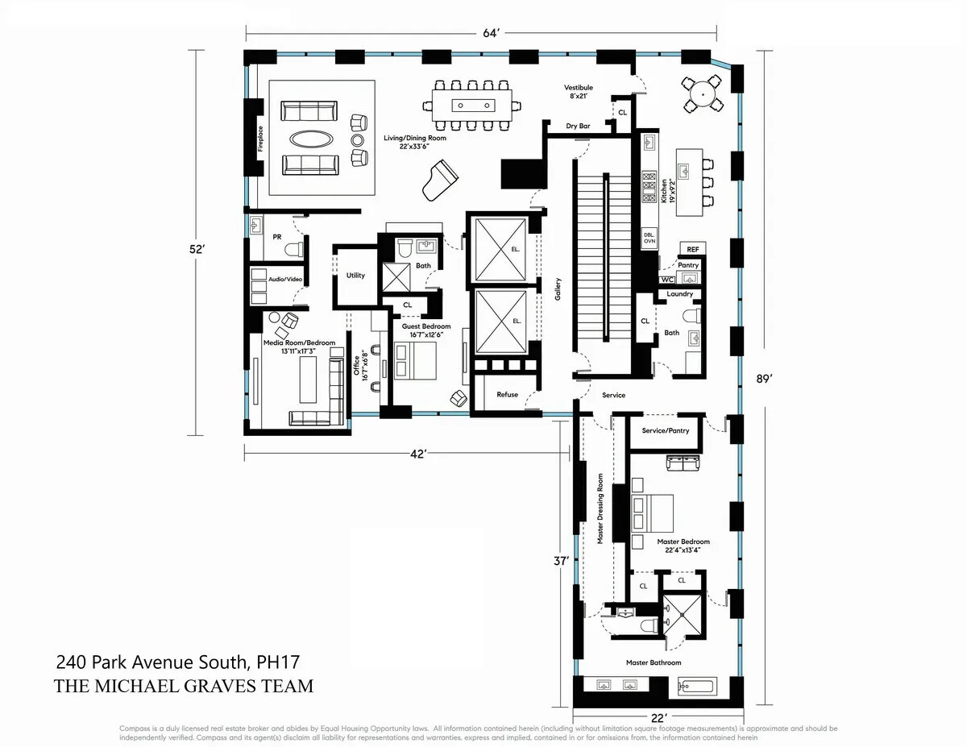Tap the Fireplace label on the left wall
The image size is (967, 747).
click(x=260, y=138)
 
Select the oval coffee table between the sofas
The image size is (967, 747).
click(x=310, y=138)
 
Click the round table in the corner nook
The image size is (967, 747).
click(x=704, y=95)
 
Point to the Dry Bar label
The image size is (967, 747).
click(x=579, y=127)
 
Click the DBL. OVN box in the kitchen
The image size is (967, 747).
click(x=650, y=237)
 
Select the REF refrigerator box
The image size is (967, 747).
click(x=693, y=250)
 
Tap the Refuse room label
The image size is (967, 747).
click(x=507, y=395)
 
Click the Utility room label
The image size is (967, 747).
click(x=355, y=276)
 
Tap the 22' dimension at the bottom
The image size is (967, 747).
click(x=658, y=716)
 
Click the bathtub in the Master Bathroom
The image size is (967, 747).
click(x=703, y=687)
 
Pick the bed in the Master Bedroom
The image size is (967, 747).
click(x=653, y=508)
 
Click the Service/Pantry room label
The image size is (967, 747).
click(x=666, y=430)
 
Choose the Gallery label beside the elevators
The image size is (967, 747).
click(x=557, y=289)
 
